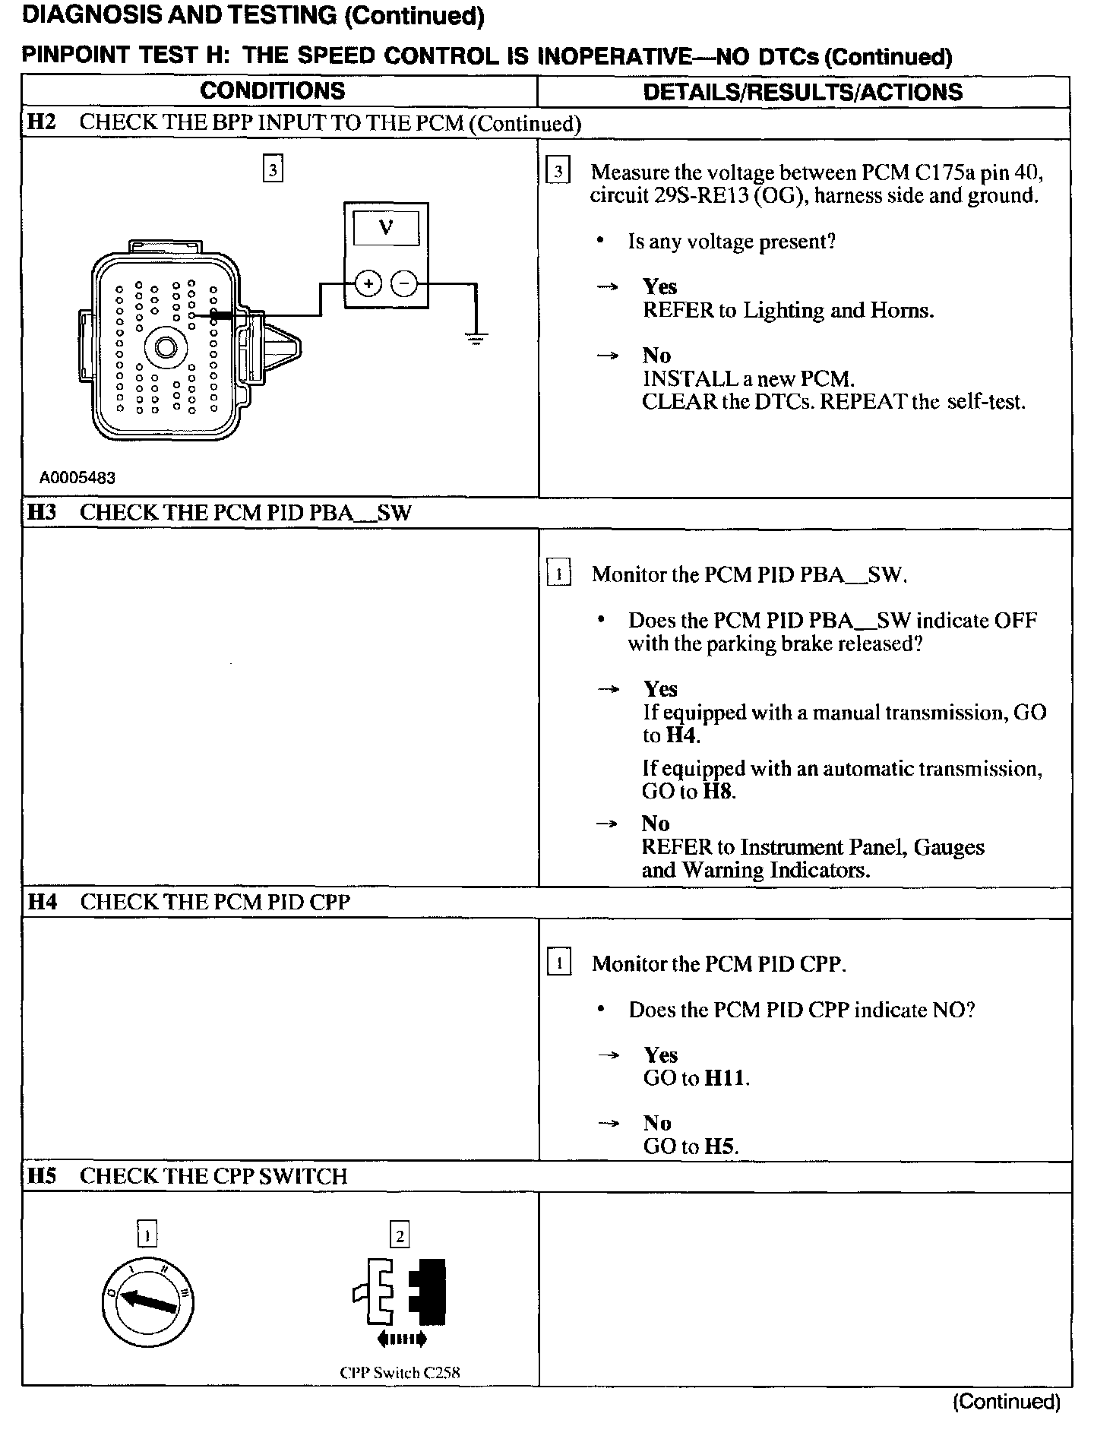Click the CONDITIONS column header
(272, 91)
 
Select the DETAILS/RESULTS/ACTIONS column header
(802, 92)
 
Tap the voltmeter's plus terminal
(368, 284)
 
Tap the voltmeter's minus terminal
(404, 284)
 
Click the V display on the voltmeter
(386, 228)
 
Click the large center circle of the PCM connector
(166, 348)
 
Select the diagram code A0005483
(77, 478)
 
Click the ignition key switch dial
(147, 1302)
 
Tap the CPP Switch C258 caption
(400, 1373)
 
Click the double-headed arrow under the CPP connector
(401, 1339)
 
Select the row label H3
(42, 513)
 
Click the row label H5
(42, 1176)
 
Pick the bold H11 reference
(726, 1078)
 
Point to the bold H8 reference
(718, 792)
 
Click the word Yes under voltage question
(659, 286)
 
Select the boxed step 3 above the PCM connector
(273, 168)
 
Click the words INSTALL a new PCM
(748, 378)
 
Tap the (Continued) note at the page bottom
(1006, 1402)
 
